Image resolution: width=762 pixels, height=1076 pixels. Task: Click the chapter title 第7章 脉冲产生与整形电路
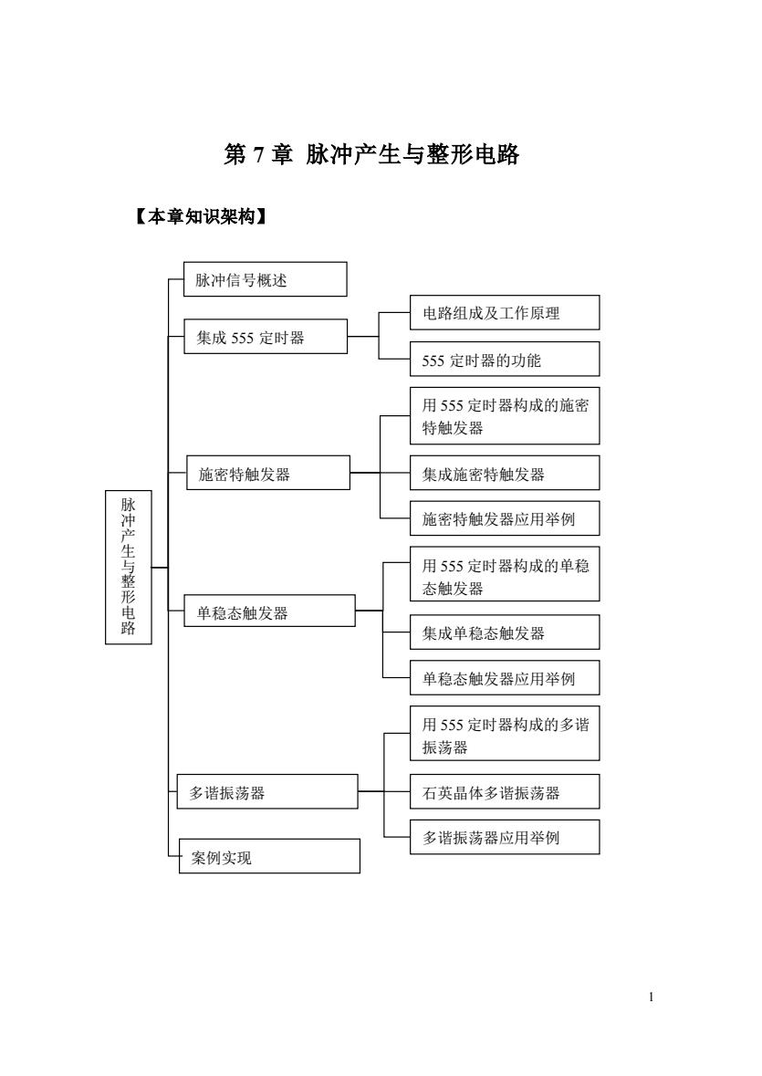coord(371,154)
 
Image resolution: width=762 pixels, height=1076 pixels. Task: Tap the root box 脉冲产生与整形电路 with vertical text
coord(129,567)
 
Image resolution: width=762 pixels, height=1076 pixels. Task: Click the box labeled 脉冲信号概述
coord(266,279)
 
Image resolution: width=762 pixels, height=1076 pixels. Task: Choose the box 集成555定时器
coord(266,336)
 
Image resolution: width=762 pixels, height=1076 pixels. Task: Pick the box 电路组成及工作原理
coord(505,313)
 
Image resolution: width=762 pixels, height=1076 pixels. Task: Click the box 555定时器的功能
coord(505,359)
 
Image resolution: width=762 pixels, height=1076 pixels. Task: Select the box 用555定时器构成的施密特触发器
coord(505,416)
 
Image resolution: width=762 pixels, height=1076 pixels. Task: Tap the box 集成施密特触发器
coord(505,473)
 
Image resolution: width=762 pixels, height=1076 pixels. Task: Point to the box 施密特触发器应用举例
coord(505,518)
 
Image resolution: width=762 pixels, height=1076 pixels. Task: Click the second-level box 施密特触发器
coord(268,473)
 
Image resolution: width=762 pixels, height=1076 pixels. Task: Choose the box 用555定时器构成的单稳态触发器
coord(505,574)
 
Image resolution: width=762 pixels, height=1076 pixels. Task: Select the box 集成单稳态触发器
coord(505,632)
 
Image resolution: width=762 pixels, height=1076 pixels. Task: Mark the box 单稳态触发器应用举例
coord(505,678)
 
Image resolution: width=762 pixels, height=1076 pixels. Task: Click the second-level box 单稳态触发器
coord(269,611)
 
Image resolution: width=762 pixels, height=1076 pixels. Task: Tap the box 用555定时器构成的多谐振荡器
coord(505,734)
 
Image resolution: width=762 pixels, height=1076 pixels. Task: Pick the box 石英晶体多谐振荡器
coord(505,792)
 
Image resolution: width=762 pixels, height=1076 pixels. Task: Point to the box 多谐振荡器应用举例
coord(505,837)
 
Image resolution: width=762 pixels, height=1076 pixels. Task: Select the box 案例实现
coord(269,856)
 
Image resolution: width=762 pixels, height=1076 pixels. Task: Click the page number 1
coord(651,998)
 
